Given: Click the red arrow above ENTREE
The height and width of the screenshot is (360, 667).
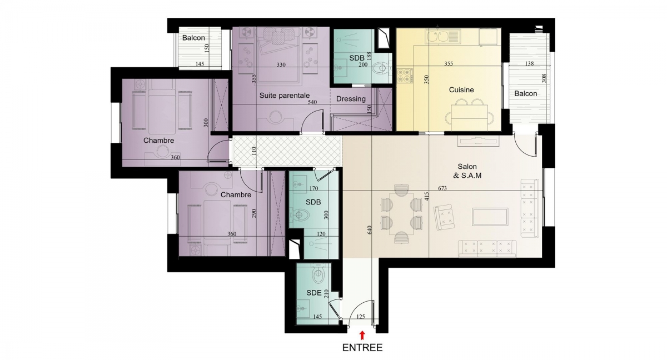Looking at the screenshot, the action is coord(362,336).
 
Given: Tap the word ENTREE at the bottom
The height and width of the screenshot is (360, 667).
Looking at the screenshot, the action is coord(362,348).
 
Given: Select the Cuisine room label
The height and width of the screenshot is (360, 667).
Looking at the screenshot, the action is coord(461,89).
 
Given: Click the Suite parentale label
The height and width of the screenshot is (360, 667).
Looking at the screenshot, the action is coord(285,96).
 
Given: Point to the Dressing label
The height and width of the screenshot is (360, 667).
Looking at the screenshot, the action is coord(351,99).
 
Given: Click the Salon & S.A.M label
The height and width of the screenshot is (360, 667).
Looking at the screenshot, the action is coord(467,171).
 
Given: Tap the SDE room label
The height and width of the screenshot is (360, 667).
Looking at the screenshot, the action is coord(314,293).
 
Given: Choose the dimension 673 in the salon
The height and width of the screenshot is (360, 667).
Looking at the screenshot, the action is coord(442,188).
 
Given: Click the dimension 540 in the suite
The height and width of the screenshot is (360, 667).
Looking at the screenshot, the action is coord(312,102).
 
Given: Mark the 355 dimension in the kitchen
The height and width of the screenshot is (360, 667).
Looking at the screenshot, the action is coord(449,63).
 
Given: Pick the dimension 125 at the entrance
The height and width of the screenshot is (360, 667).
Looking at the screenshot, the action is coord(361,317).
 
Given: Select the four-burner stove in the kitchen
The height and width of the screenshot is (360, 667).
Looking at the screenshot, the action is coord(405,75).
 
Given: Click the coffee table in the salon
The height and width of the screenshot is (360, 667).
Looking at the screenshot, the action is coord(490,217).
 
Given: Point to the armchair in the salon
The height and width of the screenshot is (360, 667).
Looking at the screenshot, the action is coord(444,217).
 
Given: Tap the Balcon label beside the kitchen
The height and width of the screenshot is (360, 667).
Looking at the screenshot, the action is coord(526,93).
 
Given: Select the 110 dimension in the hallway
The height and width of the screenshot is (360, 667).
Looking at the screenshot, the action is coord(253,152).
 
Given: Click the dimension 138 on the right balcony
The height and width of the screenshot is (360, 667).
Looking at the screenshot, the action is coord(529,63).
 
